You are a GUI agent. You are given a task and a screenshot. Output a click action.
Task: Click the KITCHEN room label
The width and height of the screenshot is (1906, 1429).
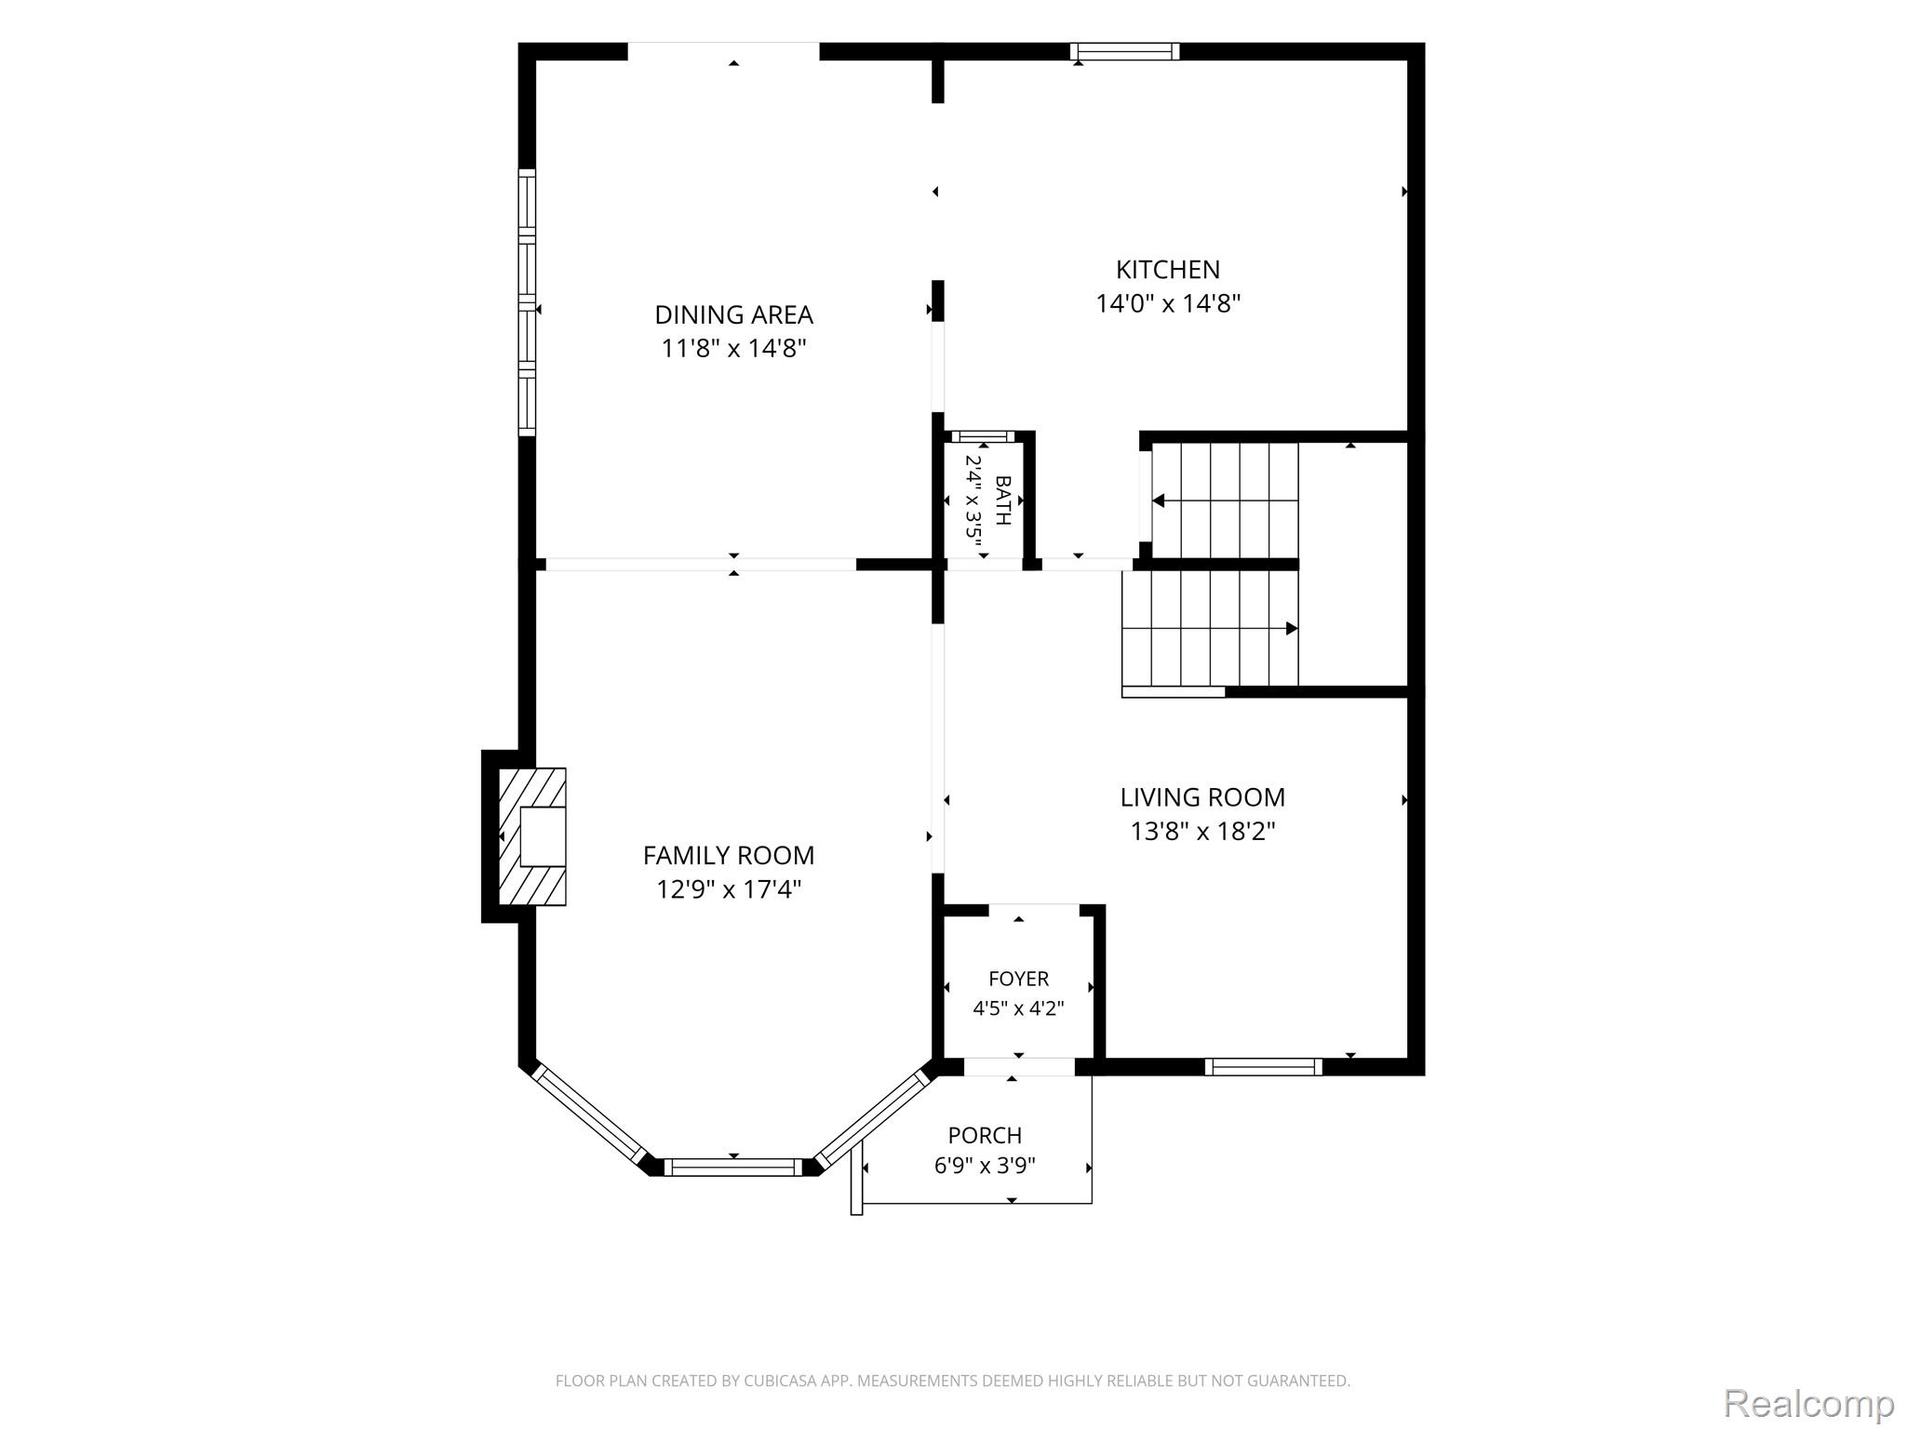point(1168,270)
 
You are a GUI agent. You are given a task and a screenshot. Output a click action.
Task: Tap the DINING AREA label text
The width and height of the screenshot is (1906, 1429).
point(733,315)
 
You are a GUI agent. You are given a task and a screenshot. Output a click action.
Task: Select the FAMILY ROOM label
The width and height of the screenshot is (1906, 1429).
point(729,855)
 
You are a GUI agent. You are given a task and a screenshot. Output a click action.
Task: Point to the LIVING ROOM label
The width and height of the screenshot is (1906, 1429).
point(1202,797)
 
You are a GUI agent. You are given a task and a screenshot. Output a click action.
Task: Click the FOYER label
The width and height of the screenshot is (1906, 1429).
point(1018,979)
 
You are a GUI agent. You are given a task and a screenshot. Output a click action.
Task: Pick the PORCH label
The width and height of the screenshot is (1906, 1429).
point(985,1135)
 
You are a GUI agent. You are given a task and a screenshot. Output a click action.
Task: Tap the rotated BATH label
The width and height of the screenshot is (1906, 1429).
point(1003,500)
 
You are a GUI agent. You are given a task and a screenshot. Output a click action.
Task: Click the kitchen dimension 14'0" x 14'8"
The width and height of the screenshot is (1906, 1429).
point(1168,303)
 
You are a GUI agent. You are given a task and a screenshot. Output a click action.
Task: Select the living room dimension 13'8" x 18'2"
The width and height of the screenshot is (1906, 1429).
point(1202,831)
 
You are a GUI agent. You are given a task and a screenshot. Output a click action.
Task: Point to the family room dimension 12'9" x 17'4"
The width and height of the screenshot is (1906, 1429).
point(729,889)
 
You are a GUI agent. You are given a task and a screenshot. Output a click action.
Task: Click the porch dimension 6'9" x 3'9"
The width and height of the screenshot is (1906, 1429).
point(985,1166)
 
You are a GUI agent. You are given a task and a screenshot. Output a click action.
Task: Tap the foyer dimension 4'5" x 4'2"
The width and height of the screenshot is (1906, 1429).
point(1018,1008)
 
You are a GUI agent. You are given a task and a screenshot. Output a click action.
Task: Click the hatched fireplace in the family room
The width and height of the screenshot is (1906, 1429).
point(532,836)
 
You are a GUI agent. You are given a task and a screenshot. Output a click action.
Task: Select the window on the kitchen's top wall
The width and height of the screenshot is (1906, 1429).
point(1124,51)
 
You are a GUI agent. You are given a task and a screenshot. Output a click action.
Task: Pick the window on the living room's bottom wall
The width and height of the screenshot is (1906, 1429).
point(1263,1067)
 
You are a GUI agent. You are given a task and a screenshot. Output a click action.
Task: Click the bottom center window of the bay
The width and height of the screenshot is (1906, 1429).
point(732,1167)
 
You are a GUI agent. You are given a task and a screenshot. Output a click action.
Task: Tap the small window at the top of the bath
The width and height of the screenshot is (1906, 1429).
point(983,436)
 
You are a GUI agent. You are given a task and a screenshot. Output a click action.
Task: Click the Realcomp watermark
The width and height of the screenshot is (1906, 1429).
point(1808,1404)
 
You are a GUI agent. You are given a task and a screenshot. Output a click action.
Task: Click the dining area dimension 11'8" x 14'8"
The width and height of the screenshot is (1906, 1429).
point(733,349)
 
